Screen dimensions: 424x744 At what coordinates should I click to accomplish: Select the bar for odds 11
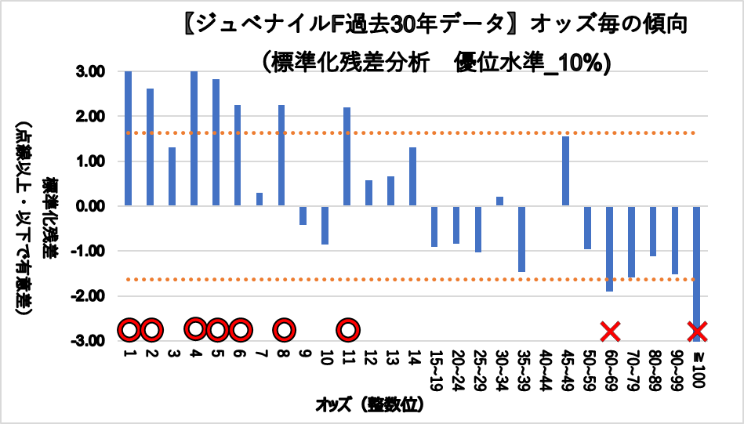(x=347, y=157)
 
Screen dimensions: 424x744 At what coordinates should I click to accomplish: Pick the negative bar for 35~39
(x=521, y=239)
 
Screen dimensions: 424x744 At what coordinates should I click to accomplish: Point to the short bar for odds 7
(x=259, y=199)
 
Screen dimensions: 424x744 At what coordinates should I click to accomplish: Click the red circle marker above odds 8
(x=284, y=330)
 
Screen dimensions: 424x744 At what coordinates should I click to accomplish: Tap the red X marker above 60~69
(x=610, y=332)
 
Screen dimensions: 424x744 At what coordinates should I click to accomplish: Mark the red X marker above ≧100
(x=697, y=332)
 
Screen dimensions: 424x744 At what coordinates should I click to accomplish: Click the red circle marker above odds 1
(x=129, y=330)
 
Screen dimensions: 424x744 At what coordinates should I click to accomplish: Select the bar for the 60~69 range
(x=609, y=248)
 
